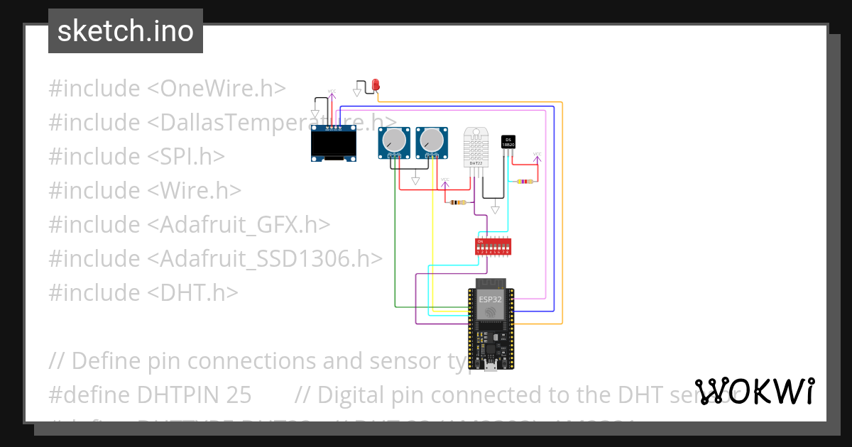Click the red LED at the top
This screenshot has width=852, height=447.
376,86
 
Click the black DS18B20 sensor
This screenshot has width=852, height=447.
508,142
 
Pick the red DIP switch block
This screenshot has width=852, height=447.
493,246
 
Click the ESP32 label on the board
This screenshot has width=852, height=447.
490,299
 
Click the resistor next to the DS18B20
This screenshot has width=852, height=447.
525,182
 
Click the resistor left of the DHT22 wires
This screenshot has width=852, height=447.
458,203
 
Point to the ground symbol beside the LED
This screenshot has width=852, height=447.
357,90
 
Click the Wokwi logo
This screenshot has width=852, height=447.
755,391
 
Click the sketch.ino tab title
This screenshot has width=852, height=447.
126,31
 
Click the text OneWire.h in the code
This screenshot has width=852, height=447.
223,89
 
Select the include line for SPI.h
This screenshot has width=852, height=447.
136,157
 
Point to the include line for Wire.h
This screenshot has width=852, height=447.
145,191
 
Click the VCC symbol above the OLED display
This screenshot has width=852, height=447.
331,92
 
